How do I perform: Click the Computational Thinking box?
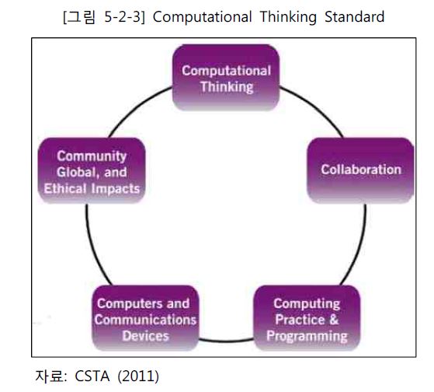[226, 77]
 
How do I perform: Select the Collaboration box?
[361, 170]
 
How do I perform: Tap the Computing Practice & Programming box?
[307, 318]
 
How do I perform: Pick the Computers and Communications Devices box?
[145, 318]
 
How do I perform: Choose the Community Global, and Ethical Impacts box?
[92, 170]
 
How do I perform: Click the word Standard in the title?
[354, 16]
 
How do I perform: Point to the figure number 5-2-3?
[123, 17]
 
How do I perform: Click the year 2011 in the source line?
[138, 376]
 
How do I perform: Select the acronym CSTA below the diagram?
[92, 376]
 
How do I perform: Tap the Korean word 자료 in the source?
[49, 376]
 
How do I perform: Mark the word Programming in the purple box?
[307, 336]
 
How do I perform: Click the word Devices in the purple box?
[146, 336]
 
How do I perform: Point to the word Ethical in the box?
[65, 188]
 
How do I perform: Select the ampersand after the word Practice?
[334, 320]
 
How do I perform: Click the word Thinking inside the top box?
[227, 87]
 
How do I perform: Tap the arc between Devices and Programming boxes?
[226, 340]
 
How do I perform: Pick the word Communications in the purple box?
[145, 320]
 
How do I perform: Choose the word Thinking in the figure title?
[288, 17]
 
